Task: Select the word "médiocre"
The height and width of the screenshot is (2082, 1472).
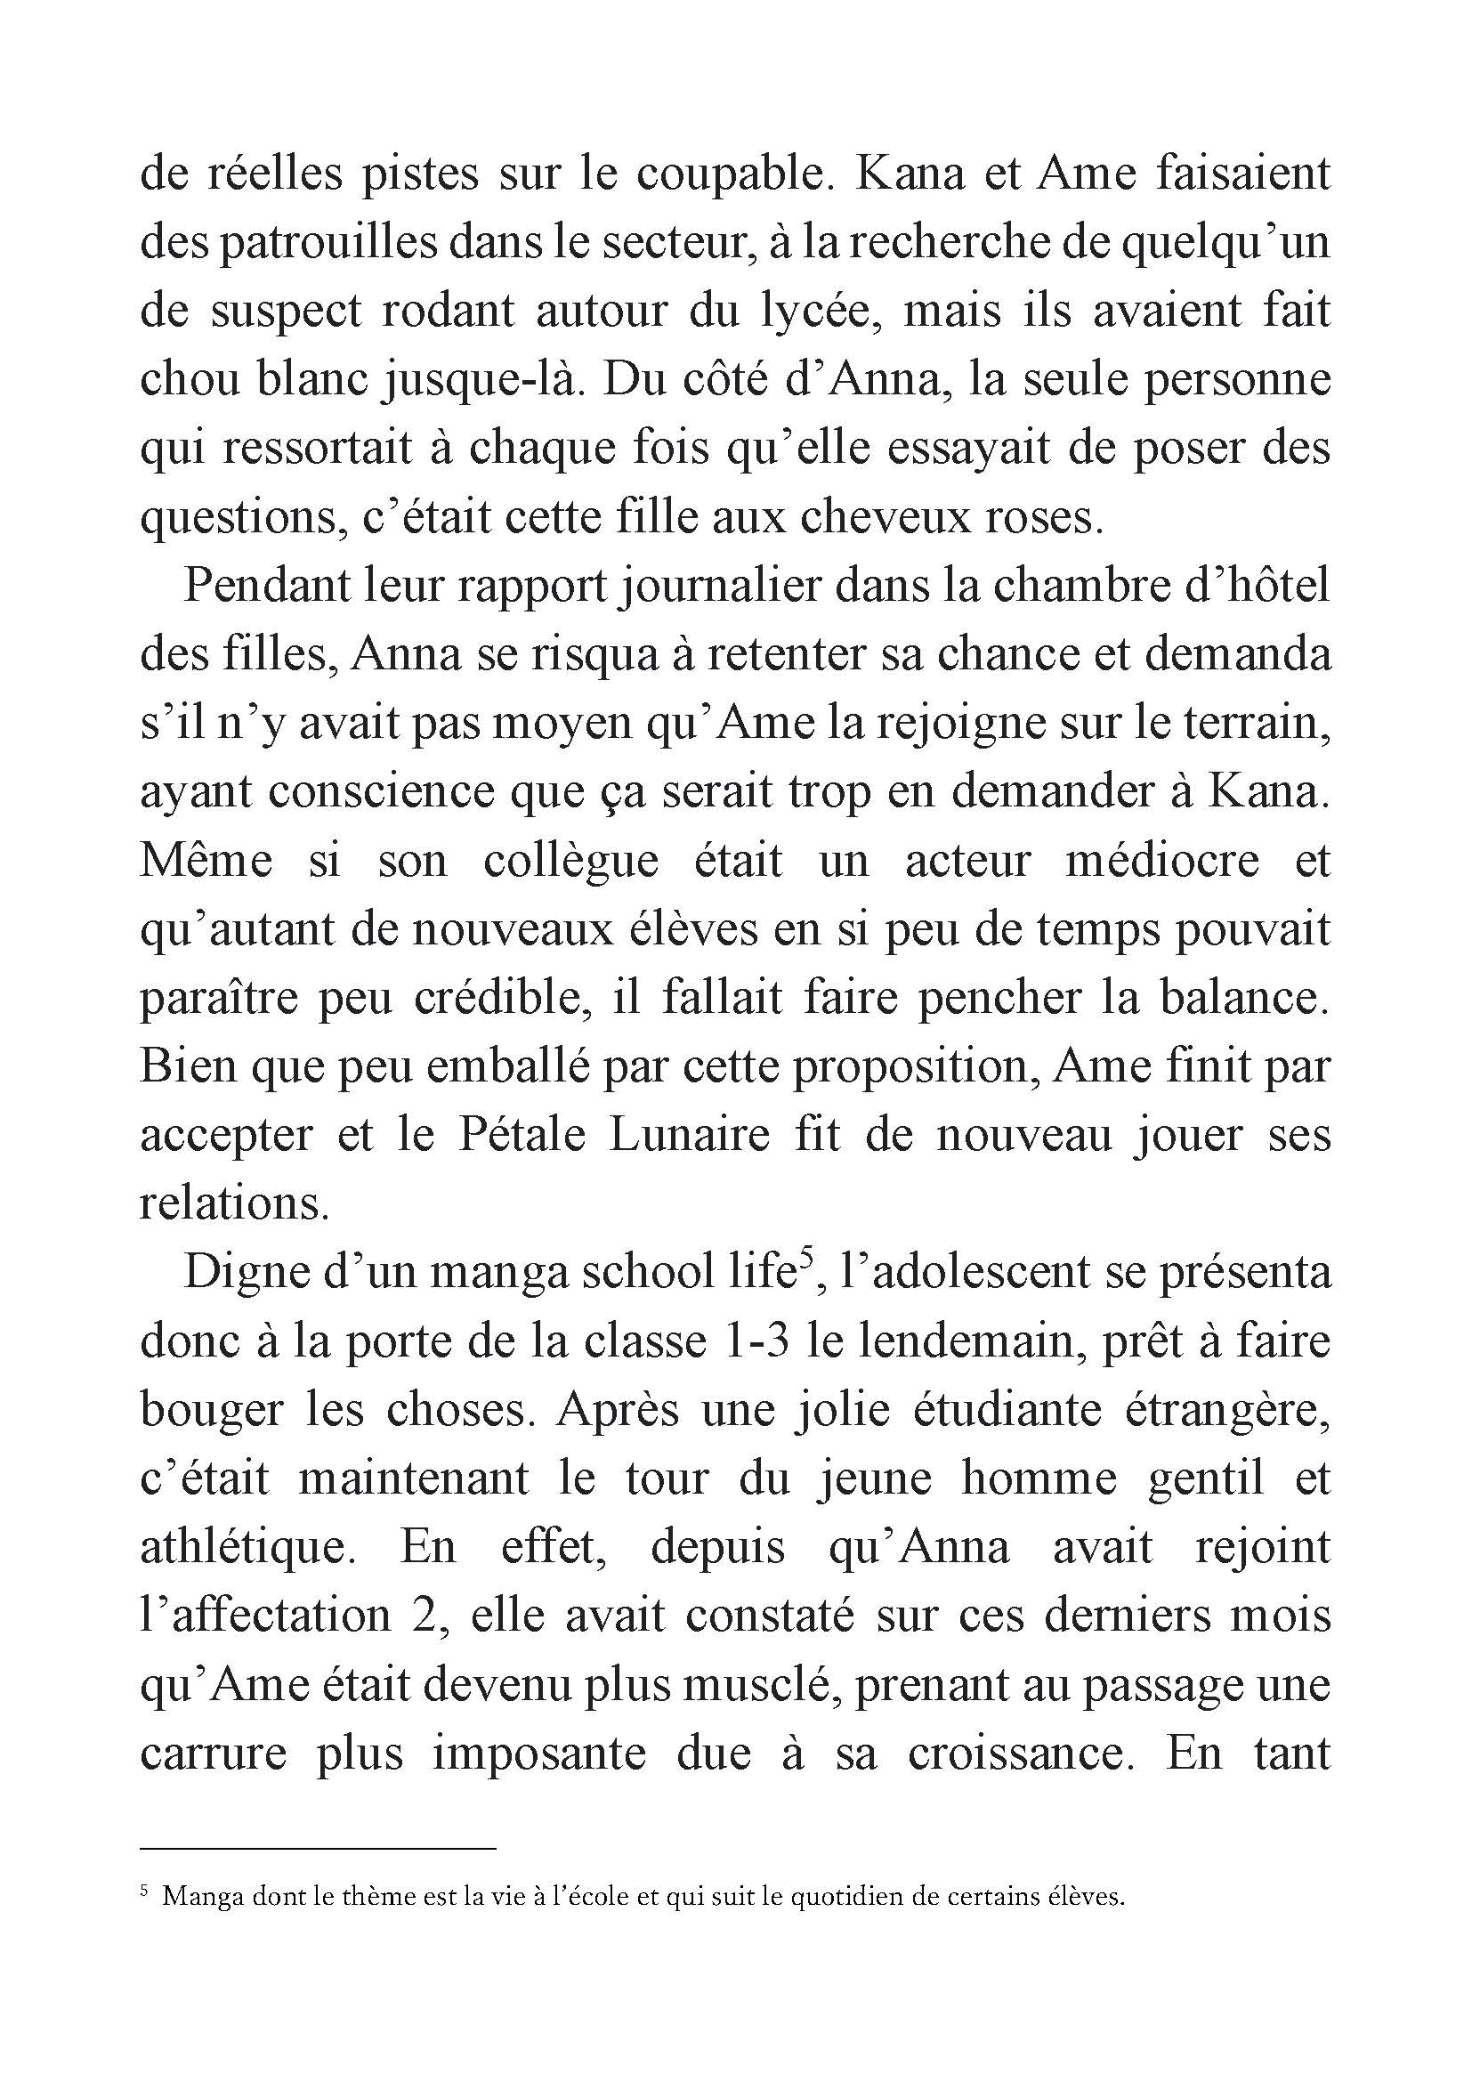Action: (1162, 862)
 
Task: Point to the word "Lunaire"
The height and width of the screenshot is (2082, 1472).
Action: (690, 1135)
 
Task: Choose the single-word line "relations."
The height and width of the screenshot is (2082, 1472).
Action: (234, 1204)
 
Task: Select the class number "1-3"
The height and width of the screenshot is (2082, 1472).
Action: (756, 1341)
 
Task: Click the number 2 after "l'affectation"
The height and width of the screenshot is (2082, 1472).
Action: (425, 1616)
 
